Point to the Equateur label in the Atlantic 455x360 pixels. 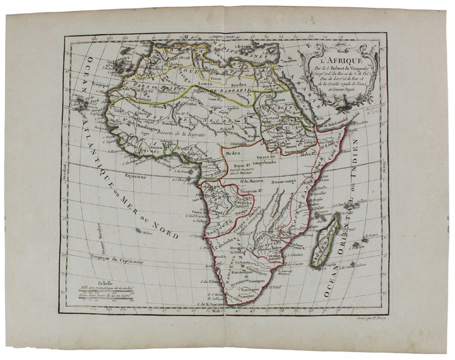pyautogui.click(x=132, y=176)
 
